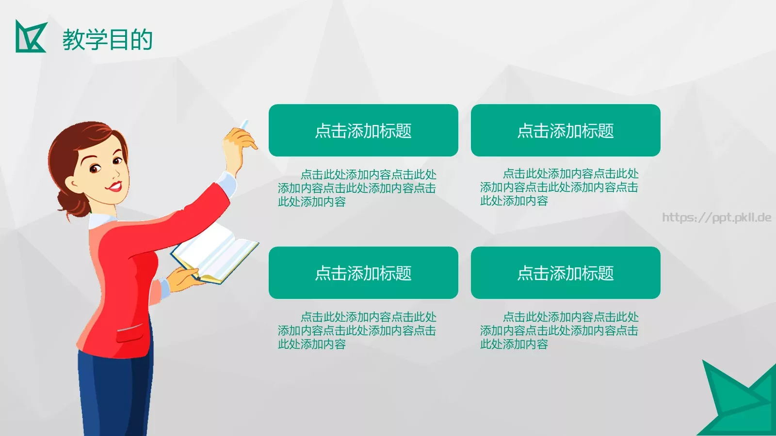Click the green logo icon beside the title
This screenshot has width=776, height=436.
coord(30,37)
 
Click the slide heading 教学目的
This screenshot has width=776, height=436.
coord(107,40)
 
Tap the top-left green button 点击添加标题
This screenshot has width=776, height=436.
coord(363,130)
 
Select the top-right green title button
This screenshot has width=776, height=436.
coord(566,130)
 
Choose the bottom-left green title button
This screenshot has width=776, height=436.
coord(363,273)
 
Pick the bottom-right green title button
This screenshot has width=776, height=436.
coord(566,273)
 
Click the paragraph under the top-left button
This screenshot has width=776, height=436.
coord(357,188)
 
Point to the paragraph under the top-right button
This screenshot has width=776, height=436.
coord(559,187)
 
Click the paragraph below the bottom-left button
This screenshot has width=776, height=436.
coord(357,330)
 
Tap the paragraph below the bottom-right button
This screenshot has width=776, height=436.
coord(559,330)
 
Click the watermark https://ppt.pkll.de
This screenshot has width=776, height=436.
coord(716,218)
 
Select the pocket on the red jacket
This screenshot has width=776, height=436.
coord(130,333)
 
